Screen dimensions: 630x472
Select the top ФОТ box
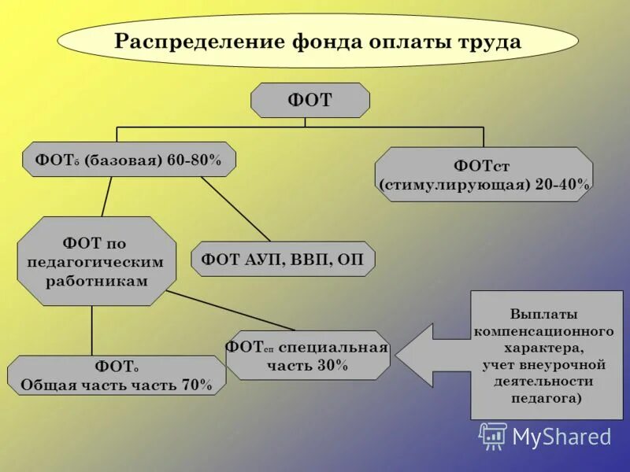pyautogui.click(x=310, y=100)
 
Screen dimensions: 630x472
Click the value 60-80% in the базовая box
pyautogui.click(x=195, y=160)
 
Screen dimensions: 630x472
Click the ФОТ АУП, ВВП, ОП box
pyautogui.click(x=283, y=259)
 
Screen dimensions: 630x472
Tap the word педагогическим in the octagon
pyautogui.click(x=96, y=261)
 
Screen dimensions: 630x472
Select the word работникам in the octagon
pyautogui.click(x=96, y=279)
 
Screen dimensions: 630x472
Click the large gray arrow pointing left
pyautogui.click(x=433, y=356)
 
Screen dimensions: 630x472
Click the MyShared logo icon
pyautogui.click(x=493, y=436)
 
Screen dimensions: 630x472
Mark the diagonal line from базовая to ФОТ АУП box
pyautogui.click(x=235, y=208)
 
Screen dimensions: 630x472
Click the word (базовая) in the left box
pyautogui.click(x=121, y=160)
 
